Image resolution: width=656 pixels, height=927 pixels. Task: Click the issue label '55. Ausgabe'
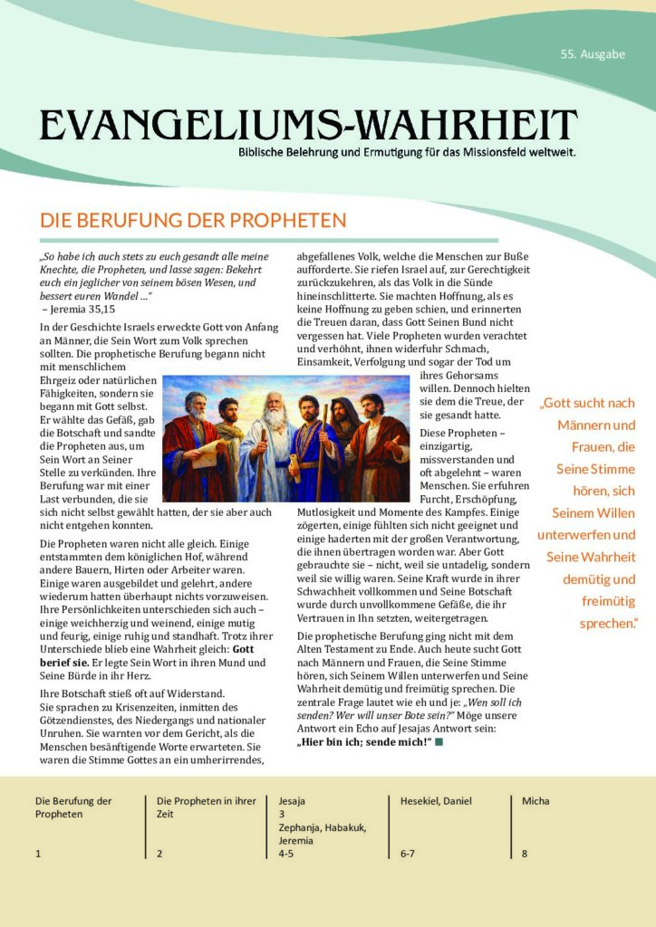593,54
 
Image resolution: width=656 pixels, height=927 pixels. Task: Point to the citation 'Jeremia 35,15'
83,310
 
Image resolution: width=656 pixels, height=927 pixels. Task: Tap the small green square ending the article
439,742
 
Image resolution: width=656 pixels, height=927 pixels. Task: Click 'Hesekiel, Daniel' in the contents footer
436,801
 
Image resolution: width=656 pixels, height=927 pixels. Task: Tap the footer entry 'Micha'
535,801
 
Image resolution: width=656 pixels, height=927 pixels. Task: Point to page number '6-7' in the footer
408,853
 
